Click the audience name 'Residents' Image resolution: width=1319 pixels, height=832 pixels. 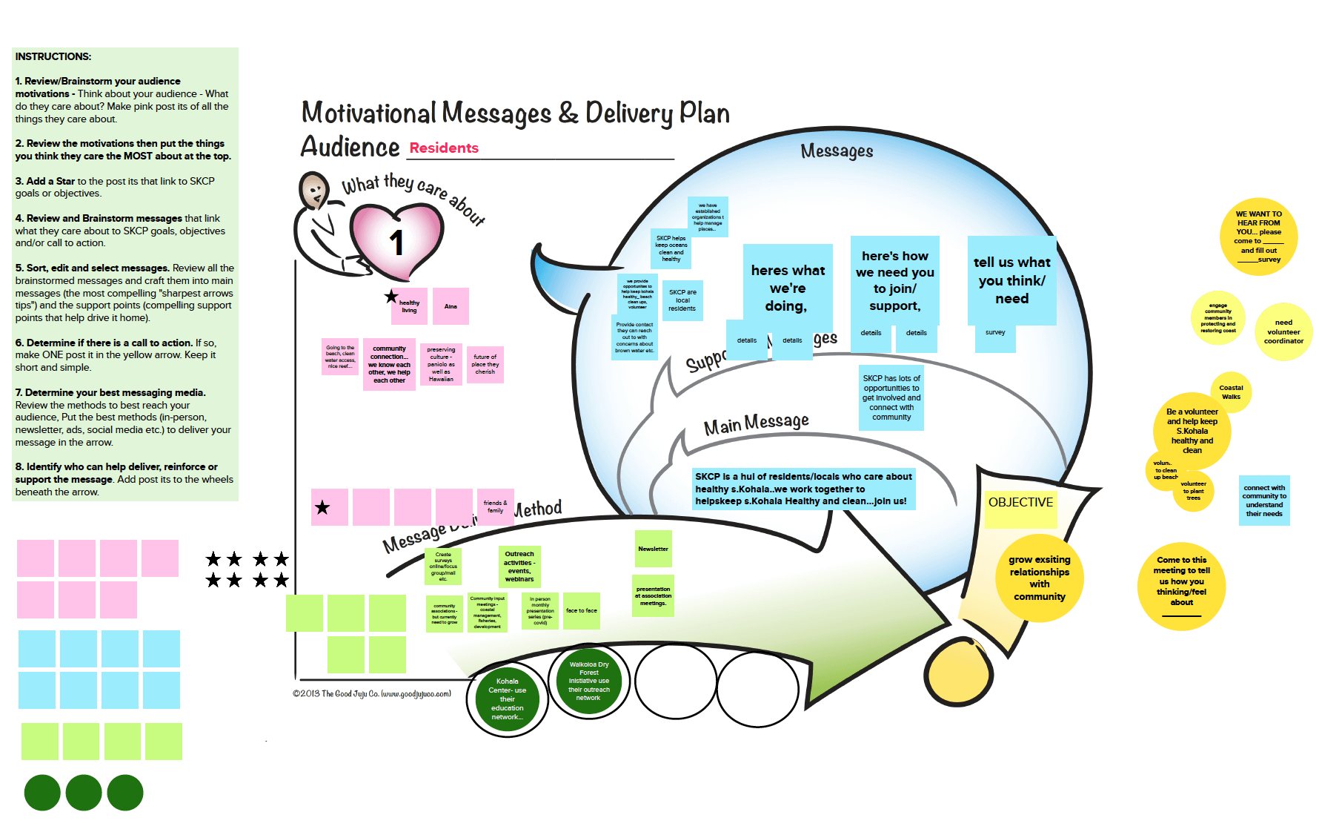coord(444,148)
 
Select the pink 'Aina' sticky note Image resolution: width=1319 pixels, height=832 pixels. coord(451,306)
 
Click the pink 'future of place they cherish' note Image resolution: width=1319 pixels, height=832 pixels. coord(485,364)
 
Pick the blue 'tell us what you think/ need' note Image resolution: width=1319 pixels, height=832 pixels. coord(1011,281)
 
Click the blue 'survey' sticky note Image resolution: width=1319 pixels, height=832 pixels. coord(995,334)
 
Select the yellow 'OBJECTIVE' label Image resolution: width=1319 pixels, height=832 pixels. coord(1020,503)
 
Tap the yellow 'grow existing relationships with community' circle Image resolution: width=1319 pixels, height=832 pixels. coord(1039,578)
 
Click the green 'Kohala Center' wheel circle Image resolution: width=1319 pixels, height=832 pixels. coord(508,699)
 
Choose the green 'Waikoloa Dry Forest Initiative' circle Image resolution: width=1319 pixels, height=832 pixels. coord(589,681)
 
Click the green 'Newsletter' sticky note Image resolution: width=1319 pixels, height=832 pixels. coord(653,549)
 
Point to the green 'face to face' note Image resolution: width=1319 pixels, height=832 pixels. coord(582,611)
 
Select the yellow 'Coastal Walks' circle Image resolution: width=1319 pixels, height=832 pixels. coord(1231,392)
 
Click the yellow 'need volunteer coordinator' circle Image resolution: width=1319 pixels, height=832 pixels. coord(1283,331)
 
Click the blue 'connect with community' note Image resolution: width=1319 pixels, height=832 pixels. coord(1264,501)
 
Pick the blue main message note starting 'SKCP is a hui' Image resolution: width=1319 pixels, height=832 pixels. coord(803,489)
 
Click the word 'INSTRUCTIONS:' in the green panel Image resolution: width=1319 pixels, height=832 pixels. coord(53,56)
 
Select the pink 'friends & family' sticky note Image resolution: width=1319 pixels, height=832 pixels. coord(495,506)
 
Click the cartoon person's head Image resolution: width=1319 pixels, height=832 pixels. coord(314,191)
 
